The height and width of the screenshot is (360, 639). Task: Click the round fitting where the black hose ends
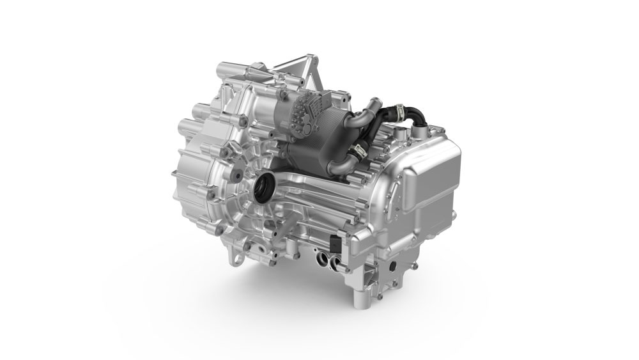tap(421, 130)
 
